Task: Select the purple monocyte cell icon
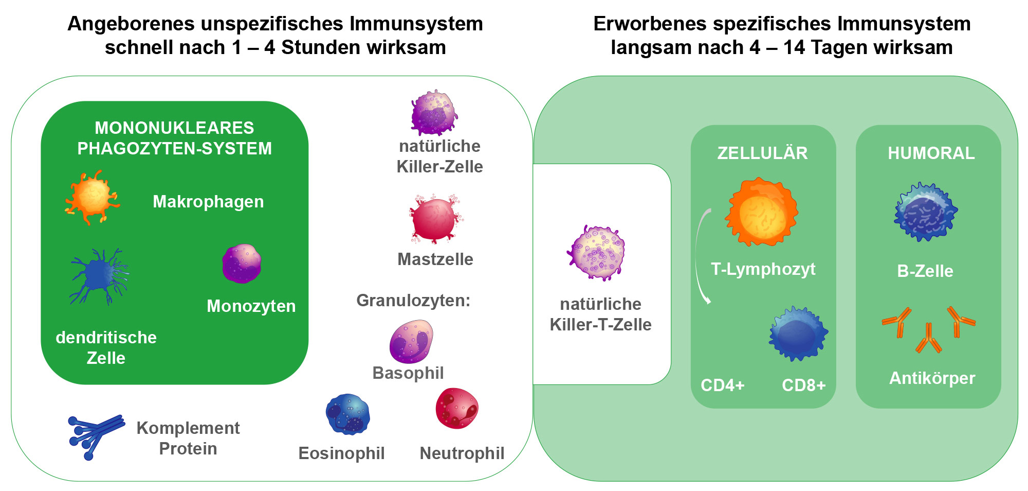(242, 264)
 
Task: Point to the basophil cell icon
(411, 341)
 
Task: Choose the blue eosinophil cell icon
(348, 414)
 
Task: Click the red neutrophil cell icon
(456, 409)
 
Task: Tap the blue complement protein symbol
(96, 435)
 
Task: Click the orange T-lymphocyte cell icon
(762, 212)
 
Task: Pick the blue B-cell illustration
(925, 212)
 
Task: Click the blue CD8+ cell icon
(798, 334)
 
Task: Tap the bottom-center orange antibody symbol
(928, 339)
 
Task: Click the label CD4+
(722, 385)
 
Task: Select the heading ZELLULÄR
(762, 153)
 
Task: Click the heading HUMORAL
(931, 153)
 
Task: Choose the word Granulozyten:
(413, 300)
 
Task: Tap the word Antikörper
(932, 378)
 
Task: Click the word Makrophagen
(208, 201)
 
